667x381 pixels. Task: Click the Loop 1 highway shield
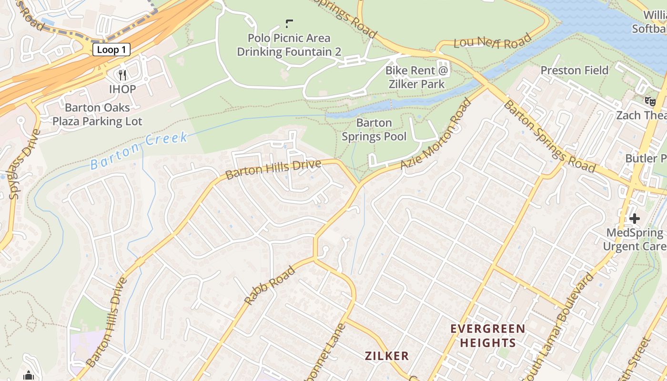[111, 50]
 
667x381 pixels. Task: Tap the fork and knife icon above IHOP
[122, 75]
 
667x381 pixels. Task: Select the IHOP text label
[122, 89]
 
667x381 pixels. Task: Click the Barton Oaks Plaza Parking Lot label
[97, 115]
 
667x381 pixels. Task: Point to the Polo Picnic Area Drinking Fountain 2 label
[289, 45]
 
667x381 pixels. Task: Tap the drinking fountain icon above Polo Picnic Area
[289, 23]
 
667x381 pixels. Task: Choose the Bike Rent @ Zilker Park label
[417, 78]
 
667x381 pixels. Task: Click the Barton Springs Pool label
[374, 130]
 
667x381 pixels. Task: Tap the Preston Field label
[574, 70]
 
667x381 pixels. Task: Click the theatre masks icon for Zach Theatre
[649, 100]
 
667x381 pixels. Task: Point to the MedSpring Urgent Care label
[634, 240]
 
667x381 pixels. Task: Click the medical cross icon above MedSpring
[634, 219]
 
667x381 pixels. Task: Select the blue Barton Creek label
[139, 151]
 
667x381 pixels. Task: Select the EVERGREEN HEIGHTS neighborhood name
[487, 336]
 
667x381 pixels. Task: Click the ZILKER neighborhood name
[387, 356]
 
